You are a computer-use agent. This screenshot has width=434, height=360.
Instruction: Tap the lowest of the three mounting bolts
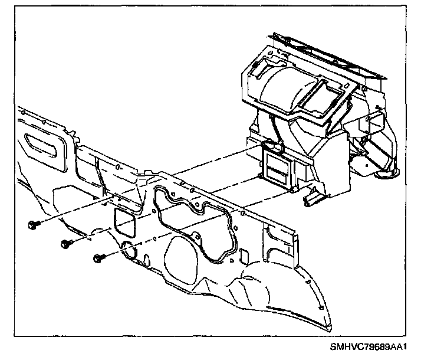point(98,257)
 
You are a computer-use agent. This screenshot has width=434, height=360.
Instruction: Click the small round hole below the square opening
point(128,251)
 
